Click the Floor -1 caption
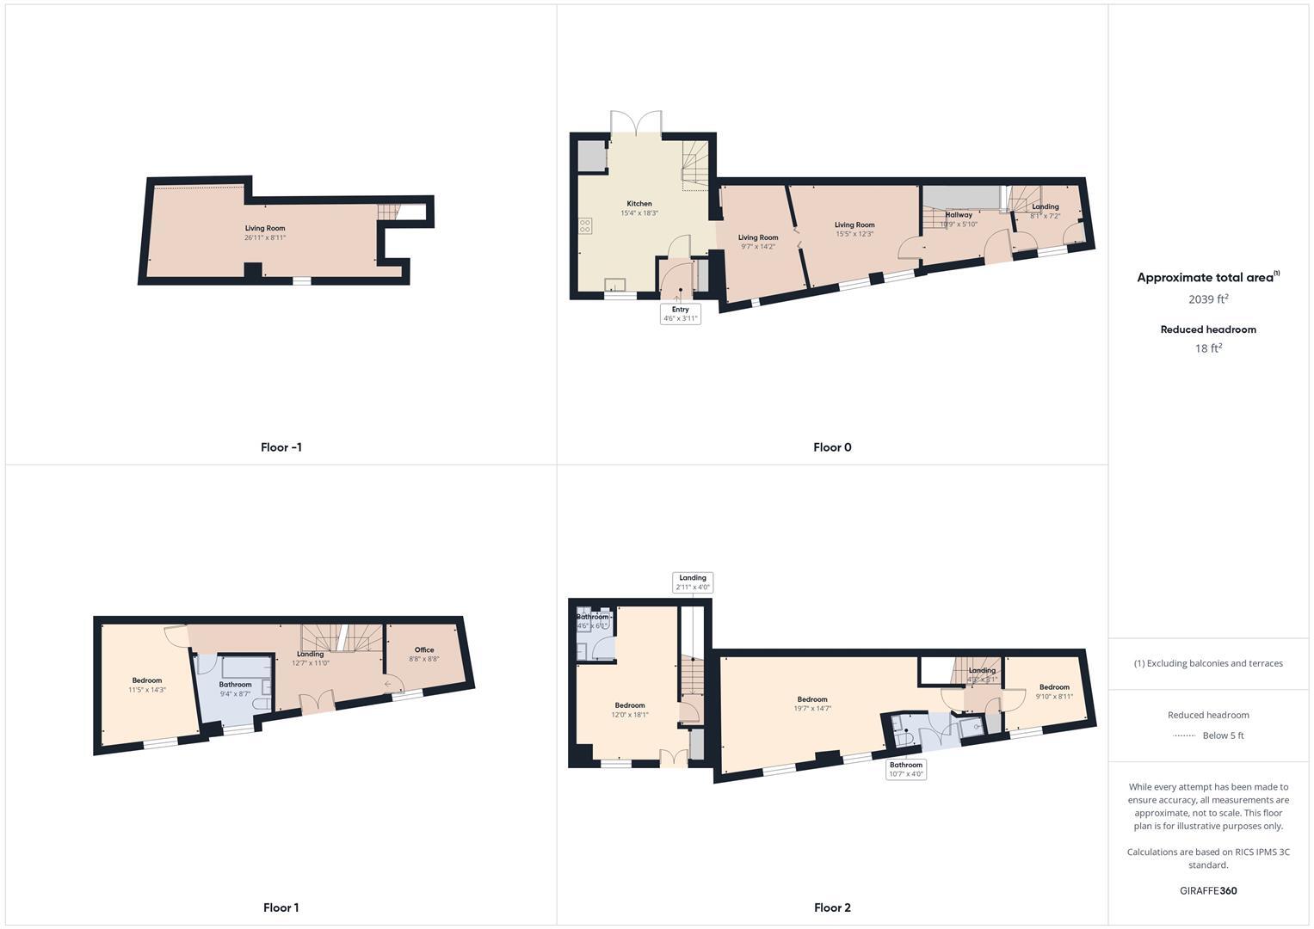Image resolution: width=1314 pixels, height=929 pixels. click(x=281, y=447)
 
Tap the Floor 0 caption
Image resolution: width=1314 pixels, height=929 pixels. click(x=832, y=447)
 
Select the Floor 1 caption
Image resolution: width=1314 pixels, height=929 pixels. click(x=281, y=907)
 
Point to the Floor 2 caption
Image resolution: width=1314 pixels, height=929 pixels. click(x=832, y=907)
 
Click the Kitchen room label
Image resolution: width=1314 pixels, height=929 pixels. click(x=639, y=204)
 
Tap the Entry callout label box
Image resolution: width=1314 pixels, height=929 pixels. click(x=681, y=314)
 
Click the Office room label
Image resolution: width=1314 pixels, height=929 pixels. click(x=424, y=650)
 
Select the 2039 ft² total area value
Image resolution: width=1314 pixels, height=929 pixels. click(x=1208, y=299)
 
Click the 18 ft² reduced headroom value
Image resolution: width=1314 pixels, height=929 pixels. click(x=1208, y=348)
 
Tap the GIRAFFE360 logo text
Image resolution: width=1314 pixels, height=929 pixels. click(x=1208, y=891)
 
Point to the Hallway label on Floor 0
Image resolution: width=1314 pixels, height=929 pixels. click(x=959, y=215)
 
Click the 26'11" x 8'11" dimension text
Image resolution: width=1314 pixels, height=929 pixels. click(x=265, y=237)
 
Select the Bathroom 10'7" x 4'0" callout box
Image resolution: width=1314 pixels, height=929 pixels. click(x=906, y=769)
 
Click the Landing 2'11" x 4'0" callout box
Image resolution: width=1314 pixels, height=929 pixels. click(x=693, y=583)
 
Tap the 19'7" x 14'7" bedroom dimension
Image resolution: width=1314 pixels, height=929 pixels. click(x=812, y=709)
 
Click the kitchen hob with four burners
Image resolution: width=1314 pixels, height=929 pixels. click(x=585, y=226)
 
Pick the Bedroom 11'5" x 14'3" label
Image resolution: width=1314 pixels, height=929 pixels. click(x=147, y=680)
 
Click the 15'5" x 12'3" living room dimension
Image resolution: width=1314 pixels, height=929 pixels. click(x=854, y=234)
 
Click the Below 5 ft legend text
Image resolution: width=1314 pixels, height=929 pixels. click(x=1223, y=735)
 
